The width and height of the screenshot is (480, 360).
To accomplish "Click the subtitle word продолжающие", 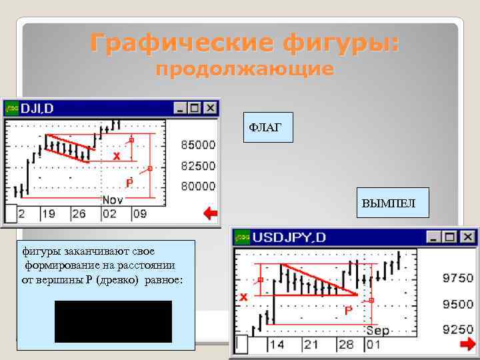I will tap(244, 70).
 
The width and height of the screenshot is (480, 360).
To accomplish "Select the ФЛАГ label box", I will tap(266, 127).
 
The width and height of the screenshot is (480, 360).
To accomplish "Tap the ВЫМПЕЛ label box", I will tap(388, 203).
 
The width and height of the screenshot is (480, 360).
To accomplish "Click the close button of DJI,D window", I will tap(210, 107).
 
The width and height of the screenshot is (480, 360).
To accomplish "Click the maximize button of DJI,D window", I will tap(195, 107).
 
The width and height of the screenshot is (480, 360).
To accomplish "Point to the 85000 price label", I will tap(198, 145).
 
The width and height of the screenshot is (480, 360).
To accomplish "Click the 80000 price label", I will tap(198, 186).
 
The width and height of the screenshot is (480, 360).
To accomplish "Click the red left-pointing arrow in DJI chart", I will tap(210, 214).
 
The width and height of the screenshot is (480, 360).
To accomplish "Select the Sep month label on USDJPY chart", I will tap(377, 331).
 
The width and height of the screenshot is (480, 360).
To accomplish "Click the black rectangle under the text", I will tap(113, 321).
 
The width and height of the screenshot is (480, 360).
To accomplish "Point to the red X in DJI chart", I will tap(117, 156).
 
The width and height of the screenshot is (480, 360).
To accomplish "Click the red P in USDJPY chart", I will tap(348, 311).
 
